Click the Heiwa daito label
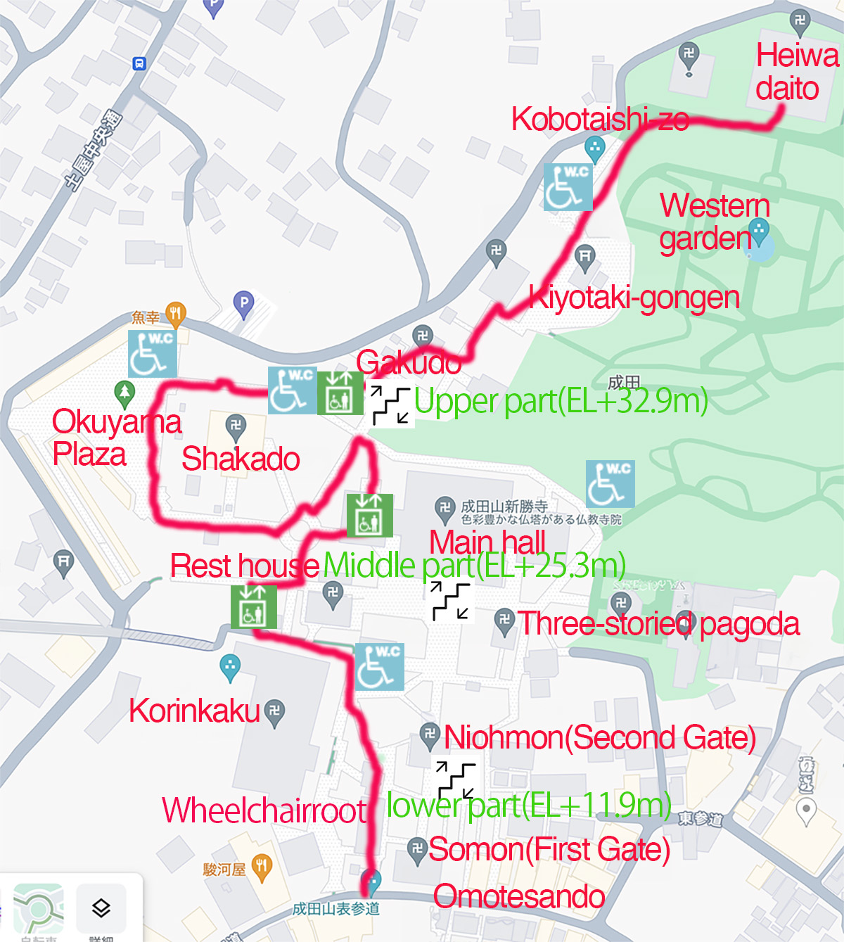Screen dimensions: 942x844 pos(797,72)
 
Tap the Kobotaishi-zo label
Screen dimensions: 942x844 pos(599,120)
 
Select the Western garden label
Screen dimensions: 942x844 pos(714,222)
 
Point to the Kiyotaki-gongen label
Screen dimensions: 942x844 pos(634,298)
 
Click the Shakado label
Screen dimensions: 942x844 pos(241,459)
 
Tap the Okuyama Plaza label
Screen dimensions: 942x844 pos(116,438)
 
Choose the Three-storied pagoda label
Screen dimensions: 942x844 pos(658,624)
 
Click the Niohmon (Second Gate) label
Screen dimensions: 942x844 pos(599,737)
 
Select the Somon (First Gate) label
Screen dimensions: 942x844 pos(549,850)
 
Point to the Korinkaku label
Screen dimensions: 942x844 pos(194,711)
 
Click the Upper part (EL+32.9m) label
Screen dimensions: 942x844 pos(561,402)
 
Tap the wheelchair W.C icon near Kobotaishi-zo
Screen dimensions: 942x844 pos(568,187)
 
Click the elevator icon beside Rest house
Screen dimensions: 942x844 pos(253,606)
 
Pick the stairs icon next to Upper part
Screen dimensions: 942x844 pos(390,405)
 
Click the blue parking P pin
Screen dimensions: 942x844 pos(243,304)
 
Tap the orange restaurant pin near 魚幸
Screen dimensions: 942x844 pos(176,314)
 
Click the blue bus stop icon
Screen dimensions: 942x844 pos(139,64)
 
